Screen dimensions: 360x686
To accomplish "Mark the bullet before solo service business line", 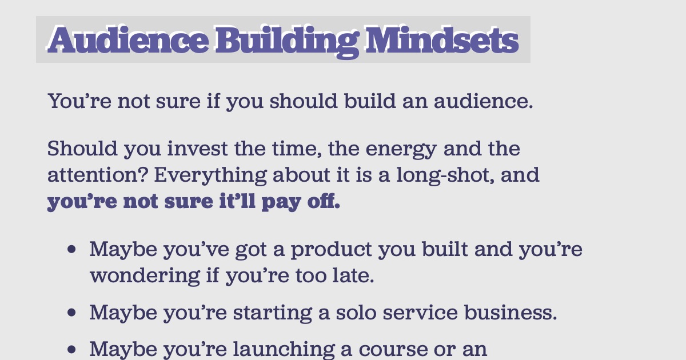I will [x=71, y=313].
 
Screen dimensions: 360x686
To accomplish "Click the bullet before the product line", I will [x=71, y=250].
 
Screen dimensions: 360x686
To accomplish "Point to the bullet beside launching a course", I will [x=71, y=349].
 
